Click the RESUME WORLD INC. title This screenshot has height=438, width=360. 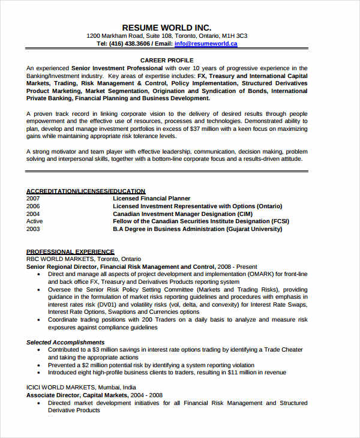(167, 28)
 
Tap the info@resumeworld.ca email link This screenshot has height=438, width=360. (206, 44)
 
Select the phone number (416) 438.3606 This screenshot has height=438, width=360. (129, 44)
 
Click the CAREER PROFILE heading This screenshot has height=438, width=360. (167, 61)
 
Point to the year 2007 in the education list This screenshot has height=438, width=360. (33, 199)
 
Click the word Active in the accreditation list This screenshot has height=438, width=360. (35, 221)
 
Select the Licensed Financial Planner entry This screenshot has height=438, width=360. (151, 199)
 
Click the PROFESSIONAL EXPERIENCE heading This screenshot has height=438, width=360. (70, 252)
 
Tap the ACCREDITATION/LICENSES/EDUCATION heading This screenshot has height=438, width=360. (86, 191)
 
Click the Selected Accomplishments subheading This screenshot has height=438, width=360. (65, 342)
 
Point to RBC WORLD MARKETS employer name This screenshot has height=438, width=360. (61, 259)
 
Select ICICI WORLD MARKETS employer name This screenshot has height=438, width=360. (62, 388)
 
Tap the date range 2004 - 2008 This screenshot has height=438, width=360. (148, 395)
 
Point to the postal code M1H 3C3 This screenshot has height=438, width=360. (235, 36)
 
